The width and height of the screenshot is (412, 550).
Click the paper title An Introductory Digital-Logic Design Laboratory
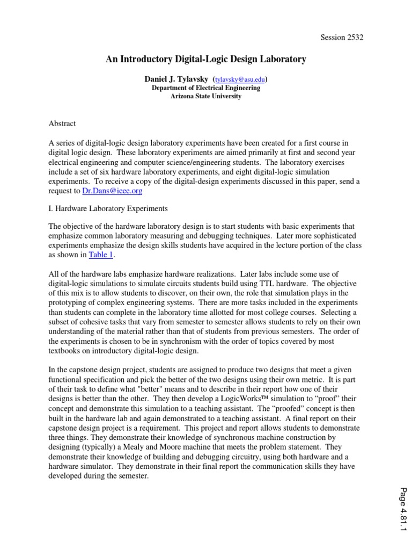click(x=205, y=60)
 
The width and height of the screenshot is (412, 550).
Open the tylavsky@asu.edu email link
click(x=240, y=79)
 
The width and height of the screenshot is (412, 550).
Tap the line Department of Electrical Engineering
click(x=206, y=88)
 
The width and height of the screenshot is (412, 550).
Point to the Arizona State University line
click(x=206, y=97)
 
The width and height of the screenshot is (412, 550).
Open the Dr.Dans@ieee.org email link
click(x=113, y=191)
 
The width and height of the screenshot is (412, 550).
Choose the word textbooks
click(x=65, y=351)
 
